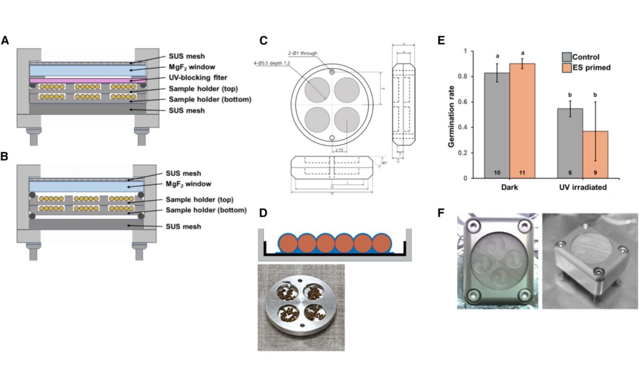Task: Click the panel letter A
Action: tap(5, 40)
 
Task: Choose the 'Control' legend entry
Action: tap(591, 57)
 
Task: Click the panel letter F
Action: tap(439, 211)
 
